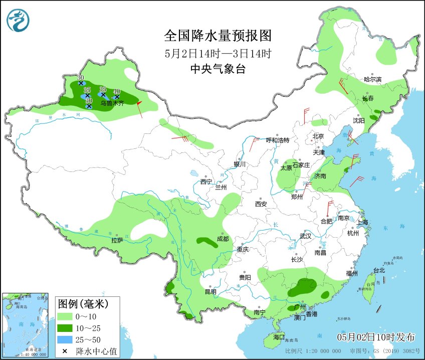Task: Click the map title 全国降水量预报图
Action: pos(218,36)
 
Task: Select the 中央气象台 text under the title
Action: pos(218,70)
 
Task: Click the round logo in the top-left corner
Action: pos(18,20)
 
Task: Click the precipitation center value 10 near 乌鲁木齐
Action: pos(117,92)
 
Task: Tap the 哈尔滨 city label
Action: pos(372,79)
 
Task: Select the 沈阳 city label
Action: pos(359,121)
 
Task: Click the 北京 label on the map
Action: pos(319,136)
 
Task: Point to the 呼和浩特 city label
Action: pos(278,140)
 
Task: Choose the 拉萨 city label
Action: pos(117,241)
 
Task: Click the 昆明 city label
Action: pos(210,292)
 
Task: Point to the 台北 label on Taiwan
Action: pos(379,270)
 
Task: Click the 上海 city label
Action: pos(362,222)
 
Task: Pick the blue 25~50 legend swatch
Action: pos(65,339)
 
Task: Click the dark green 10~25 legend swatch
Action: pos(65,328)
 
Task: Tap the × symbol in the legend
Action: pos(65,351)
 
